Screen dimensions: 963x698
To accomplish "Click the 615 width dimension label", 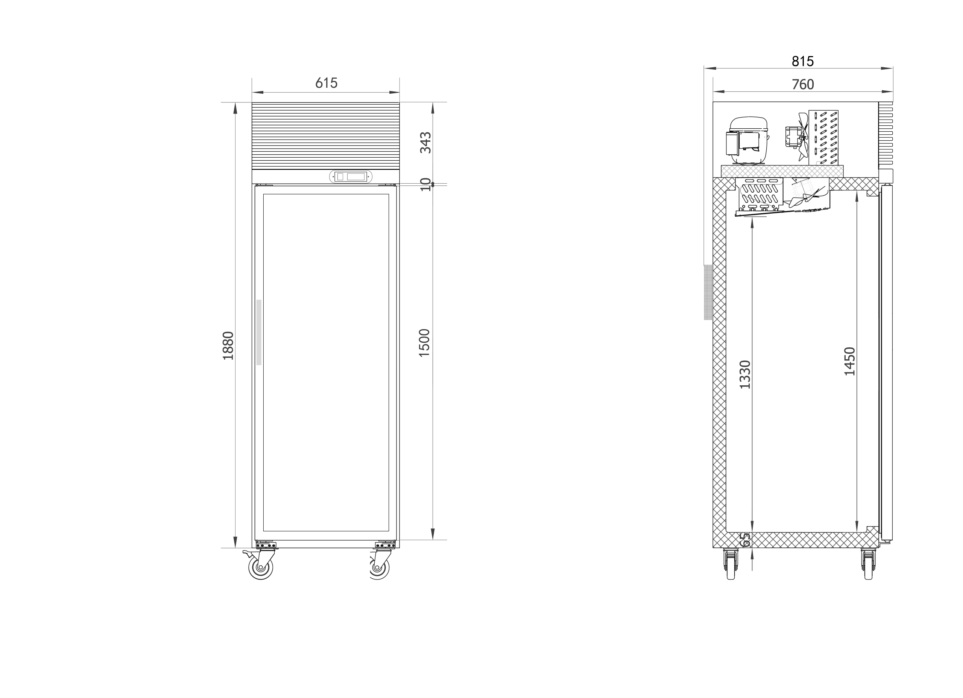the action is click(x=326, y=83).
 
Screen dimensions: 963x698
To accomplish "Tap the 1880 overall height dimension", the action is click(x=228, y=345).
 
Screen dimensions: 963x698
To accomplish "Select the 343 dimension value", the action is click(x=425, y=143).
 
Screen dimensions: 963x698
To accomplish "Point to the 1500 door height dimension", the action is click(x=425, y=343).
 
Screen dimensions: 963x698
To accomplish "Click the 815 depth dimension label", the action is click(x=802, y=62).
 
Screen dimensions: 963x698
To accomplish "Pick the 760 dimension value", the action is click(x=803, y=85).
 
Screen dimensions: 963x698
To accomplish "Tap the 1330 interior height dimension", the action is click(x=745, y=374).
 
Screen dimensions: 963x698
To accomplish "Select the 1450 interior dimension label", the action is click(x=850, y=362).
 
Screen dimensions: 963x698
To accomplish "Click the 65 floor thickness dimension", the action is click(x=745, y=540).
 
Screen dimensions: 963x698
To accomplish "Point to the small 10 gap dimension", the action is click(x=425, y=185).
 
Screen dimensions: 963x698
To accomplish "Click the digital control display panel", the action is click(x=351, y=177).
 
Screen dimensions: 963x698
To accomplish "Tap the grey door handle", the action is click(x=258, y=332).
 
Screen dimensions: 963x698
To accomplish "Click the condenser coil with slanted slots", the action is click(x=823, y=138).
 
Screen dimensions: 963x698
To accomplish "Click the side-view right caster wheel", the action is click(x=868, y=564).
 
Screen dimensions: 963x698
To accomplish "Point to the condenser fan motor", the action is click(x=793, y=137).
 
